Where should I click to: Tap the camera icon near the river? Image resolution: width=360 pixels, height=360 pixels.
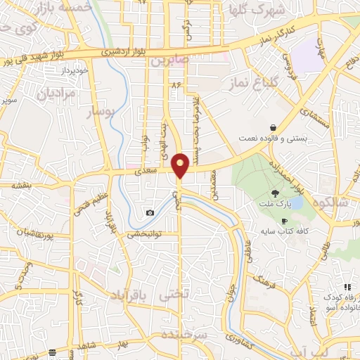(150, 212)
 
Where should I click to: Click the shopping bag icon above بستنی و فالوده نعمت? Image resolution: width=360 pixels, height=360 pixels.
(272, 127)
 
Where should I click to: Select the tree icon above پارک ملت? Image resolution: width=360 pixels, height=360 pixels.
(276, 193)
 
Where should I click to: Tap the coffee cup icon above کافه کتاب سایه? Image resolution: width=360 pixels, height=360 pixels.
(285, 221)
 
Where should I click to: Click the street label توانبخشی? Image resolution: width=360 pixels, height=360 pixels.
(145, 233)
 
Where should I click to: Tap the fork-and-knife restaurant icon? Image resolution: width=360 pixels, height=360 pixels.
(347, 288)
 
